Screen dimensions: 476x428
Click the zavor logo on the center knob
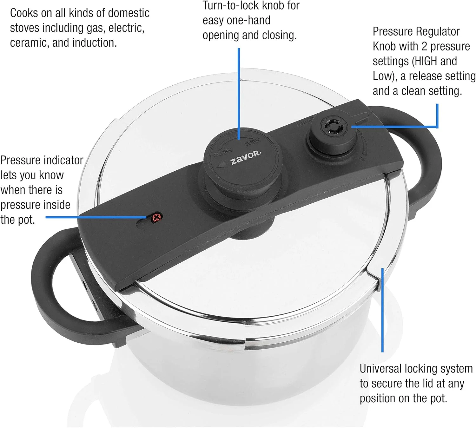coord(246,158)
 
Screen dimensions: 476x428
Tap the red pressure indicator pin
coord(157,217)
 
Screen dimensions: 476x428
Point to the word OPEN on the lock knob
coord(253,142)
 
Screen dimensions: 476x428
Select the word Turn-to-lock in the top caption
coord(230,6)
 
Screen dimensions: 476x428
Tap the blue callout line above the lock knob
coord(239,94)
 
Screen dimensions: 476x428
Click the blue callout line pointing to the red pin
coord(96,217)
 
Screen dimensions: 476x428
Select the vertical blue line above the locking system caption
coord(382,310)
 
